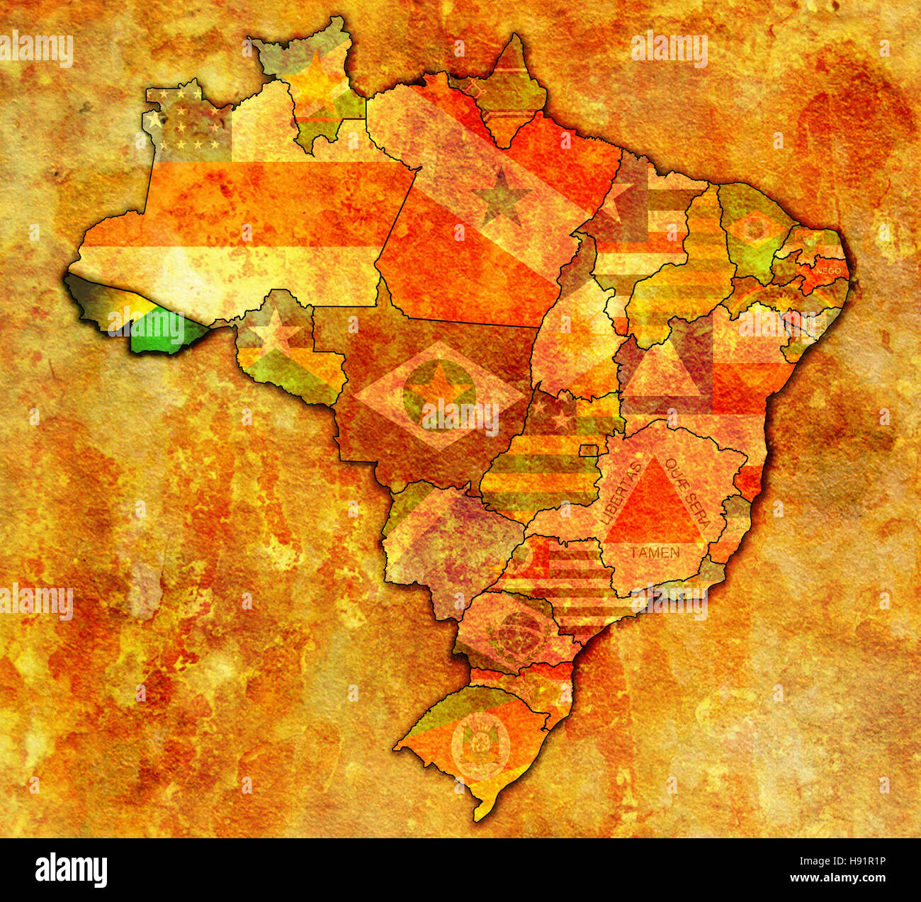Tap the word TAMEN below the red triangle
(x=655, y=552)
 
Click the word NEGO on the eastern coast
(x=828, y=271)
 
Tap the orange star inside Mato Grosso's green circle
(x=439, y=388)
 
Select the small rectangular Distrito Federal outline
(x=589, y=450)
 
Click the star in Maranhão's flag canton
(x=617, y=196)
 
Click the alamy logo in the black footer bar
(x=72, y=869)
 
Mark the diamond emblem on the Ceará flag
(x=755, y=229)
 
